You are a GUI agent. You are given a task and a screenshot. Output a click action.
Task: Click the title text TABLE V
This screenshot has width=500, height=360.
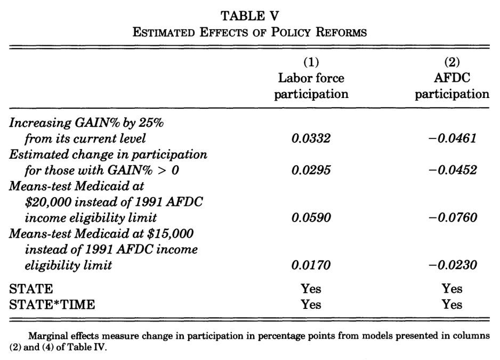click(x=249, y=16)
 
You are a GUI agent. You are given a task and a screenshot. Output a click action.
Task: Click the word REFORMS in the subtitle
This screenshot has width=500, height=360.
click(x=341, y=32)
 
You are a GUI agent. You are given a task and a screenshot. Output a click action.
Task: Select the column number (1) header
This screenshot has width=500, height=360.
click(x=311, y=62)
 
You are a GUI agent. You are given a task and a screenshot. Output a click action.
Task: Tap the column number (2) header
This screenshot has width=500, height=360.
click(x=452, y=62)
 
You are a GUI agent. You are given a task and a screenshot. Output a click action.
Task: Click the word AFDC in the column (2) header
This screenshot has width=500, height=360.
click(x=452, y=78)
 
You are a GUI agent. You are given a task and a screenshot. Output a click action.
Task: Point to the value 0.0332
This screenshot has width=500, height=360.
click(x=311, y=138)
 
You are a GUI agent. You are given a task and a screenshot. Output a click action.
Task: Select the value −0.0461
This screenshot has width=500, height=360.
click(x=452, y=138)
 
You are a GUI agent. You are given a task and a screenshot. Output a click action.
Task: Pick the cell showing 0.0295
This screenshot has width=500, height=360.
click(x=311, y=170)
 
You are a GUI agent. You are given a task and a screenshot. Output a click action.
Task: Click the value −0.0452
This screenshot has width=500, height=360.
click(x=452, y=170)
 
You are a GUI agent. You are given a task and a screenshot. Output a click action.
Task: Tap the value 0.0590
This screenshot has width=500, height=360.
click(x=311, y=218)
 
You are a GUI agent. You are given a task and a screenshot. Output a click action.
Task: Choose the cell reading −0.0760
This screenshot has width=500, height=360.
click(x=452, y=218)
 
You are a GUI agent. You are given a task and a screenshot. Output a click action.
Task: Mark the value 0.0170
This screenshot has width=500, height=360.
click(x=311, y=265)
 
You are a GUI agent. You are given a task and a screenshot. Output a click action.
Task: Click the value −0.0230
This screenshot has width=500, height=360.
click(x=452, y=265)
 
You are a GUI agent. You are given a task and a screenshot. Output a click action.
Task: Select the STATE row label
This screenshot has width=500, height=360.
click(x=31, y=289)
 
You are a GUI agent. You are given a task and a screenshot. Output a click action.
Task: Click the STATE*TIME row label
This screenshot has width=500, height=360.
click(x=52, y=305)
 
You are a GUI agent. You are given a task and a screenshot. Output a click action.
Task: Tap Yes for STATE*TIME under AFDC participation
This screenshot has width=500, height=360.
click(x=452, y=305)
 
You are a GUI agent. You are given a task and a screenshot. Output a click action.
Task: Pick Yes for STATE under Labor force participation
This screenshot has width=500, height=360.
click(x=311, y=289)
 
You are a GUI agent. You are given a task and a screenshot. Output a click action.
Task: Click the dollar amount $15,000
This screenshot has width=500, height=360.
click(x=170, y=234)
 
